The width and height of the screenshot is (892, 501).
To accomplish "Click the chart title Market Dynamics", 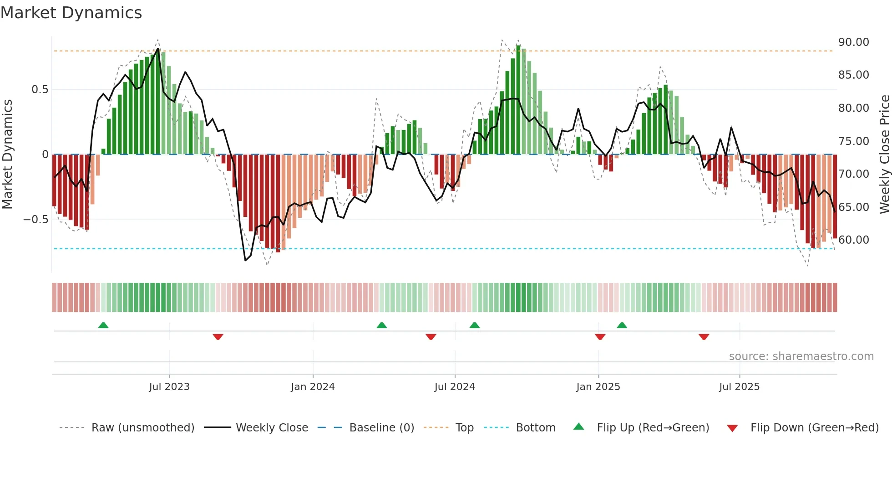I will tap(71, 13).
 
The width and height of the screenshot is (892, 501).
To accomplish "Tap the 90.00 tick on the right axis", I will tap(853, 42).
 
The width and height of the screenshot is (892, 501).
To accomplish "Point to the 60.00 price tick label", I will tap(853, 240).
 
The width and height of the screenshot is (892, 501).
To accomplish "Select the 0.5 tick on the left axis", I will tap(40, 90).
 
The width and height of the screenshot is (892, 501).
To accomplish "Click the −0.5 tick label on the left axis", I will tap(36, 220).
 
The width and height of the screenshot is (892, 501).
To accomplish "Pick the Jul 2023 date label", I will tap(169, 387).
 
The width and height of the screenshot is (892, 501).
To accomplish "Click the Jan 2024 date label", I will tap(313, 387).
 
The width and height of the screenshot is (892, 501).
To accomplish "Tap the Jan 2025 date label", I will tap(598, 387).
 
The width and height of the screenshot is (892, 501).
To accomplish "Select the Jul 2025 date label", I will tap(739, 387).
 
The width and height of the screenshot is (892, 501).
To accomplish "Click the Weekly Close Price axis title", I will tap(884, 155).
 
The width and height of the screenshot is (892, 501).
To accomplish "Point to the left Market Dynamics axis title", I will tap(7, 155).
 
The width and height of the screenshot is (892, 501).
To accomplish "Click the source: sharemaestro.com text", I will tap(801, 356).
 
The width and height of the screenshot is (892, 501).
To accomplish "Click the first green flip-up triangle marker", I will tap(103, 325).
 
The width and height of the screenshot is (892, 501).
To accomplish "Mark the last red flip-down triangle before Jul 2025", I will tap(704, 337).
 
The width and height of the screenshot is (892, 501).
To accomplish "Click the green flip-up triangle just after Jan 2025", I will tap(622, 325).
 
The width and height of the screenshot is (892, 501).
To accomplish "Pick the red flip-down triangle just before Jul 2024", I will tap(431, 337).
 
